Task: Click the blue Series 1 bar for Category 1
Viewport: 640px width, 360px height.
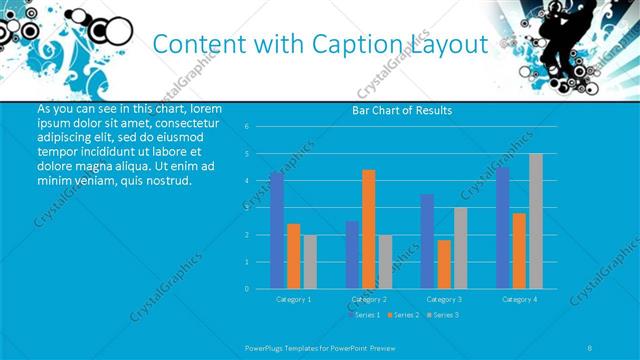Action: click(x=277, y=230)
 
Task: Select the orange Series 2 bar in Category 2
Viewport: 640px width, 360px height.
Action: click(x=369, y=229)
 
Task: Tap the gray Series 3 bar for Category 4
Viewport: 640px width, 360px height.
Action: click(x=536, y=221)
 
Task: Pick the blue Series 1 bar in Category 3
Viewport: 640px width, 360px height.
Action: click(x=428, y=241)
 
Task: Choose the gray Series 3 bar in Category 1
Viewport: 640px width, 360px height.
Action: click(x=310, y=262)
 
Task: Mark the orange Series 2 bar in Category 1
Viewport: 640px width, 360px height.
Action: click(x=293, y=256)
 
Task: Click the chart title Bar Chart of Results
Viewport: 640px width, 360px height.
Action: click(x=402, y=110)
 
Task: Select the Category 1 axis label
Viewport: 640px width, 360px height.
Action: click(x=293, y=299)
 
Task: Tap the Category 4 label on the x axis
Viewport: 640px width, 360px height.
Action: click(x=519, y=299)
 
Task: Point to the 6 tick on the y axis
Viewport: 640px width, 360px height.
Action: click(x=246, y=127)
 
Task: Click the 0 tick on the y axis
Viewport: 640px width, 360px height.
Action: click(x=246, y=289)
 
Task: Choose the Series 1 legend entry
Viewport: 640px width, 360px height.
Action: click(x=363, y=315)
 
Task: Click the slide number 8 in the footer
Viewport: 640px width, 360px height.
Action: click(x=590, y=348)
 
